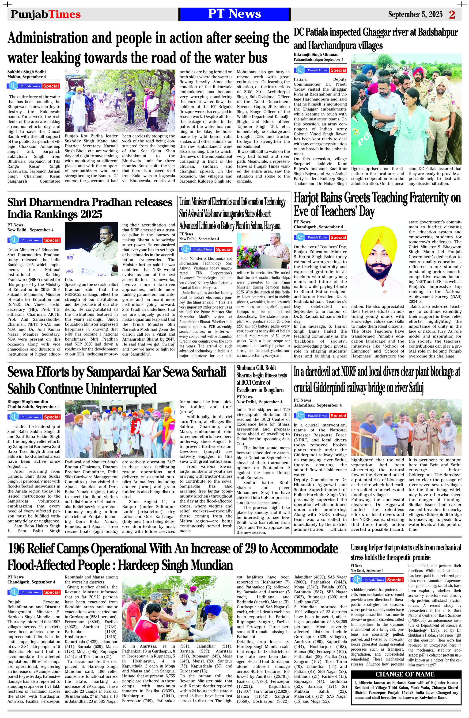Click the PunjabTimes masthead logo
45,14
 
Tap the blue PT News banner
234,14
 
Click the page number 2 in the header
452,15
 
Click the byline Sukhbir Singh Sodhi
26,72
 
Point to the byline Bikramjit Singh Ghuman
316,55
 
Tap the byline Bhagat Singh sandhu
28,402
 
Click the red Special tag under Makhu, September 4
51,86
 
